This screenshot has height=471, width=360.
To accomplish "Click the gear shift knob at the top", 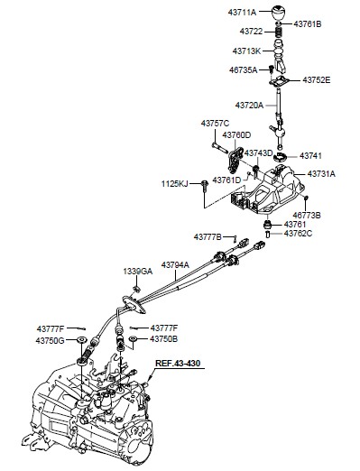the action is coord(279,14).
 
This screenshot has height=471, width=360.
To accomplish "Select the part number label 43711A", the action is coord(242,13).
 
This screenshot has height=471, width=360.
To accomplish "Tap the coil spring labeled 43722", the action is coord(280,32).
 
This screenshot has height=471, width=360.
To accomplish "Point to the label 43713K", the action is coord(246,51).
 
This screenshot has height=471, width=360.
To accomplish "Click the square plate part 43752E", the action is coord(279,81).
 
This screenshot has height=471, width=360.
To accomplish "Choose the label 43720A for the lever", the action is coord(249,106).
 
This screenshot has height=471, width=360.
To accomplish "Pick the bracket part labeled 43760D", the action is coord(235,160).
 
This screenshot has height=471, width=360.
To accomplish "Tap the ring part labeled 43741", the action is coord(280,157).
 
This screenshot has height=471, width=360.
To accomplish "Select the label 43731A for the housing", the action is coord(321,174).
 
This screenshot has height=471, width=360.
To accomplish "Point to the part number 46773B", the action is coord(307,216).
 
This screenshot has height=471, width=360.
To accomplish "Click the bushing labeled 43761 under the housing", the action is coord(267,225).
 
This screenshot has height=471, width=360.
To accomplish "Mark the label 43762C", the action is coord(298,234).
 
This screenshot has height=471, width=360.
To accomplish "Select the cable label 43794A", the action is coord(175,265).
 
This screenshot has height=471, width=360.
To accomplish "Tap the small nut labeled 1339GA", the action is coord(136,289).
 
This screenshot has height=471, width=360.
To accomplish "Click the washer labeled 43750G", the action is coord(81,340).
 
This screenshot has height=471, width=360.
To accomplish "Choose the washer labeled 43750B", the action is coord(133,339).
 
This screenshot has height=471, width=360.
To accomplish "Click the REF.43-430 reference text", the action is coord(178,363).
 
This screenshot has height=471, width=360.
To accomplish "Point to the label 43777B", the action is coord(208,237).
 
